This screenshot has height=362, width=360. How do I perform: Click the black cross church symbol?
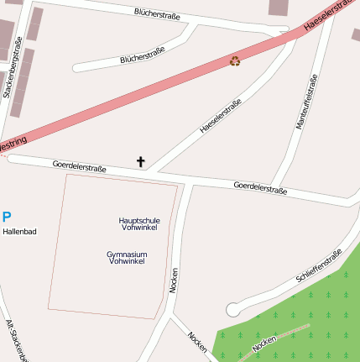140,160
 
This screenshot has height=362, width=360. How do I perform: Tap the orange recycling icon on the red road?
235,60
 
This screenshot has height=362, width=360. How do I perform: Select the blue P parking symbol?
7,216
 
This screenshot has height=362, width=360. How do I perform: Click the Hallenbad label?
19,231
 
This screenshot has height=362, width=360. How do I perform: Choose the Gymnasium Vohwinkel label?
127,257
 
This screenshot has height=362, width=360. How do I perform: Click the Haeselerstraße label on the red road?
331,17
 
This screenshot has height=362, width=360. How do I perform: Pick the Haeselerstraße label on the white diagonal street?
220,117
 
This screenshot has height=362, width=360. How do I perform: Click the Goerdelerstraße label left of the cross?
79,165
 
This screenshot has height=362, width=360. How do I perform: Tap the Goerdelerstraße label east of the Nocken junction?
260,188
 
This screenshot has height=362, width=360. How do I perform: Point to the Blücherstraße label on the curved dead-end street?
142,55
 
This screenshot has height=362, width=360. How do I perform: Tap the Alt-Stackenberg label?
17,340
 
